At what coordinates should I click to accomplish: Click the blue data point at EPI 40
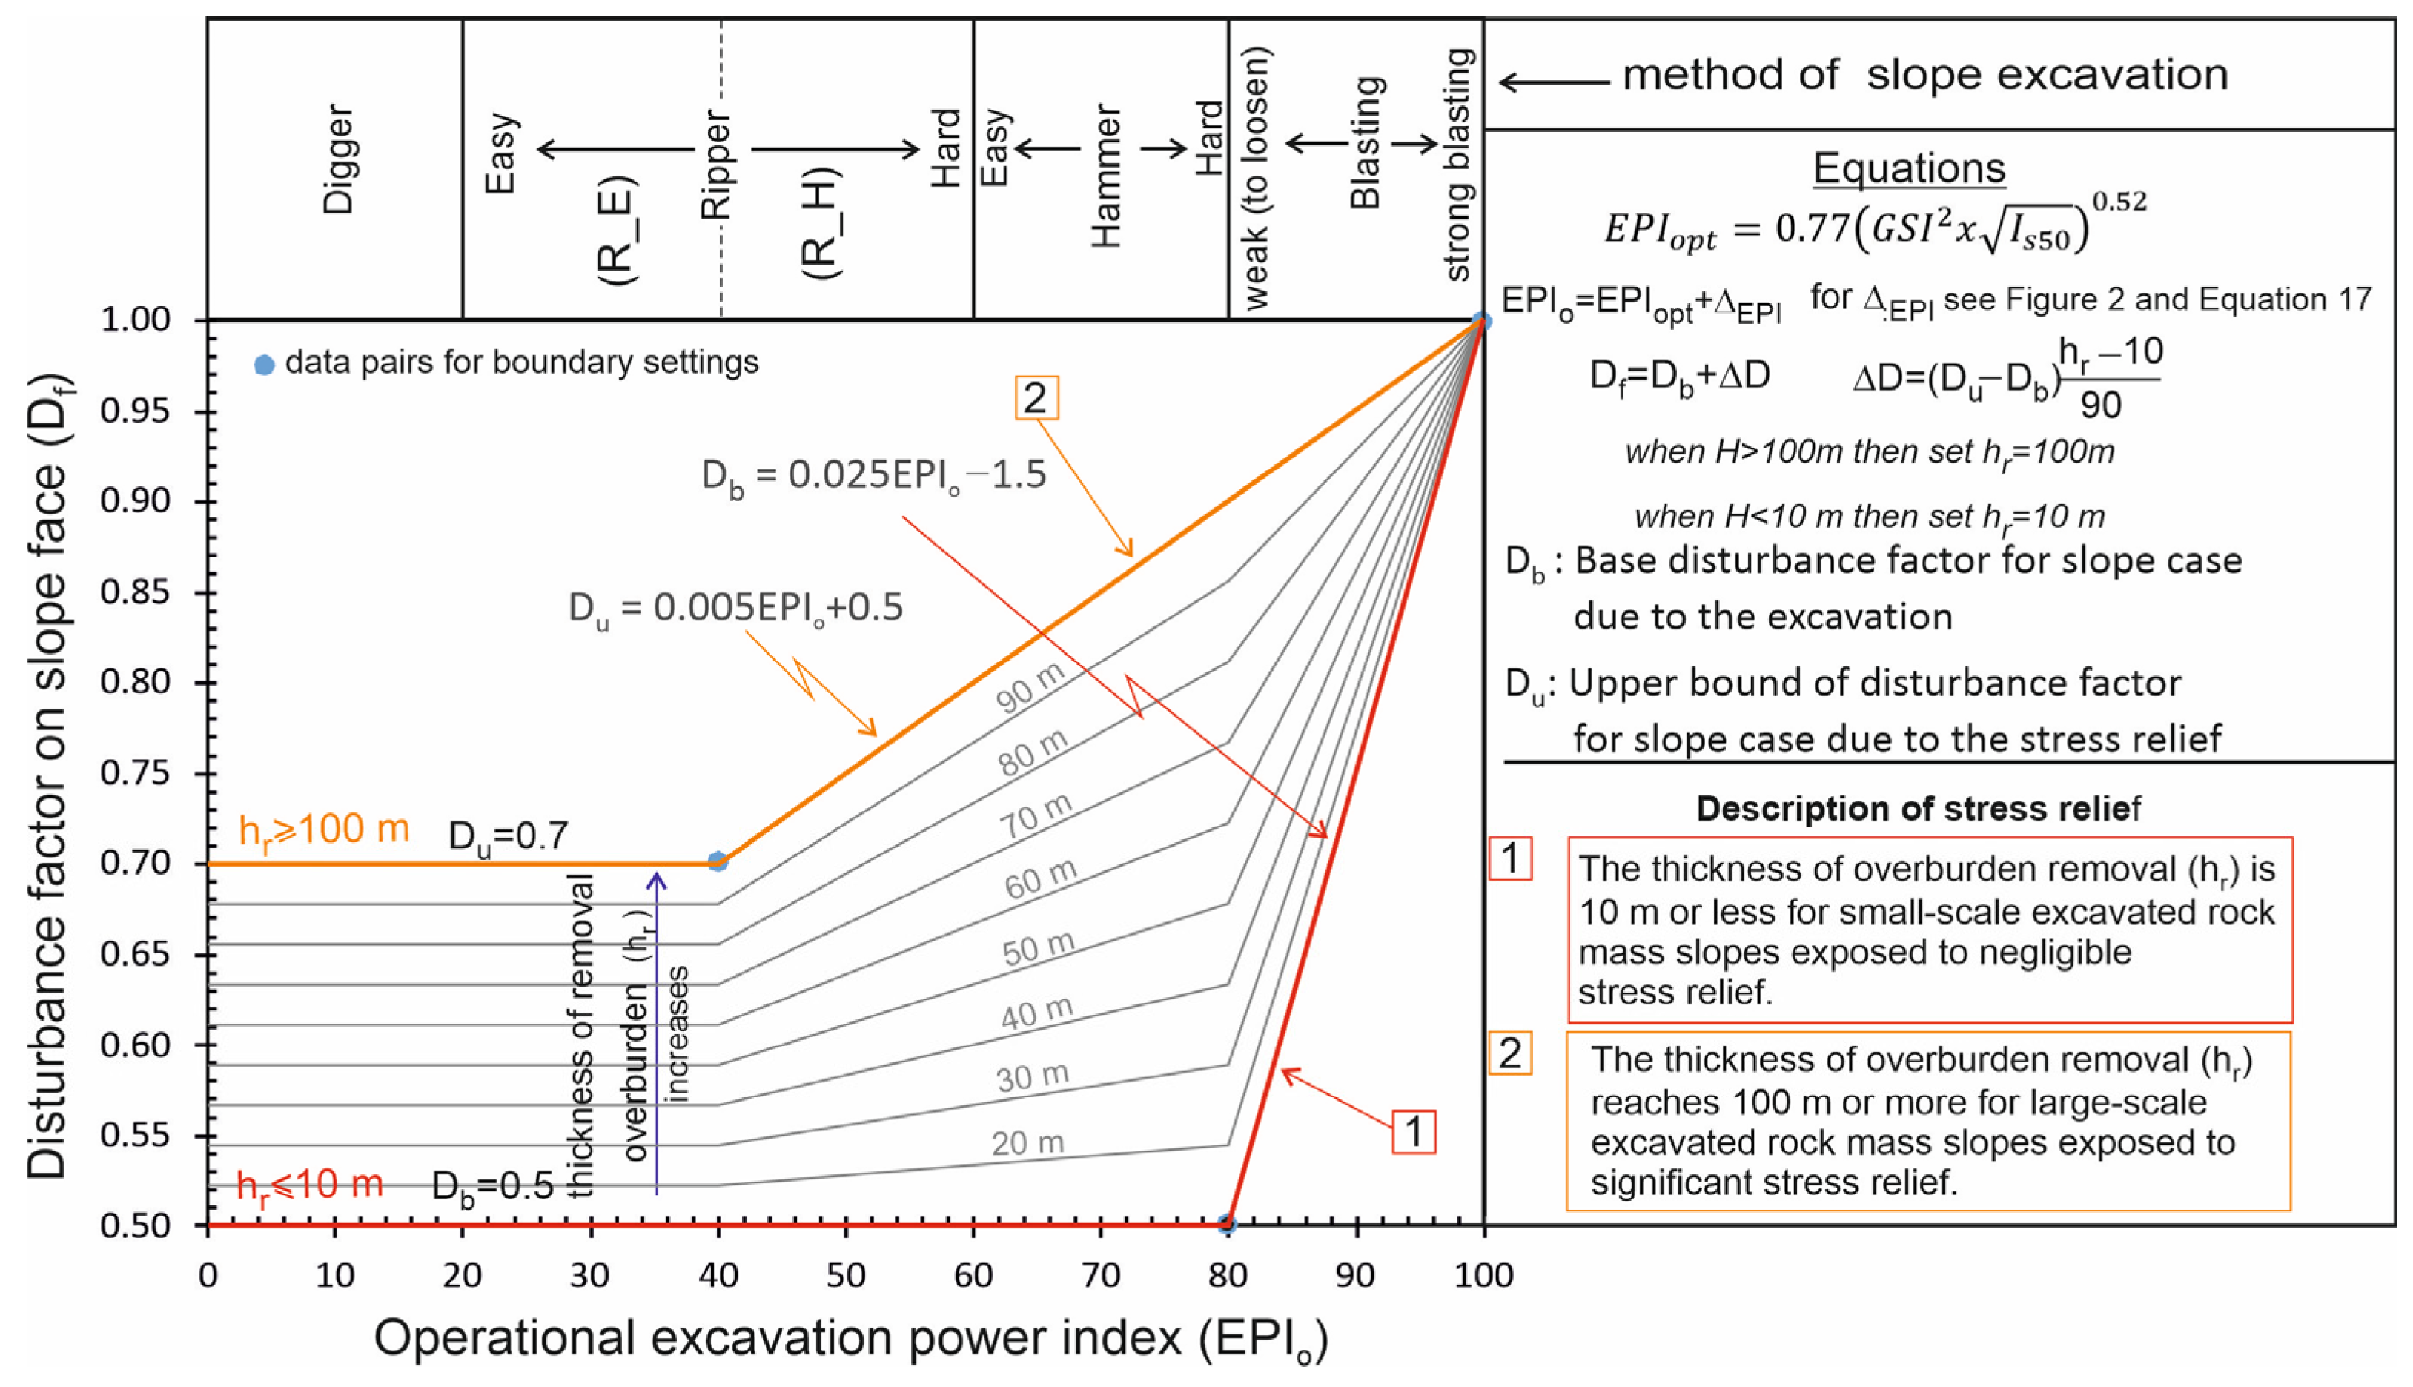click(718, 861)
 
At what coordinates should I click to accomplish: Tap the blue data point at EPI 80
click(1227, 1224)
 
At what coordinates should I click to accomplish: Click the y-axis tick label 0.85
click(135, 592)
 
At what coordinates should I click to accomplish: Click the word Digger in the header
click(339, 159)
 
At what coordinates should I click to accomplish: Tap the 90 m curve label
click(1030, 687)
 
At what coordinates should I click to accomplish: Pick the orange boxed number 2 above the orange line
click(1036, 397)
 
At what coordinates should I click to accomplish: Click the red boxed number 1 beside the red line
click(1414, 1132)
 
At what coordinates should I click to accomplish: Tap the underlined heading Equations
click(1908, 168)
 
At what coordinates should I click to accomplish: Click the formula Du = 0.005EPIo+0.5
click(735, 608)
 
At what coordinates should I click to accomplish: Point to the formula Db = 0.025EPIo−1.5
click(873, 474)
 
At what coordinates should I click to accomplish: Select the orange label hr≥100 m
click(323, 831)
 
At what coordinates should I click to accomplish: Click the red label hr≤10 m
click(310, 1186)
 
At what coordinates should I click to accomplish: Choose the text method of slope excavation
click(1924, 74)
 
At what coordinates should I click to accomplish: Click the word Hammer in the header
click(1106, 176)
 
